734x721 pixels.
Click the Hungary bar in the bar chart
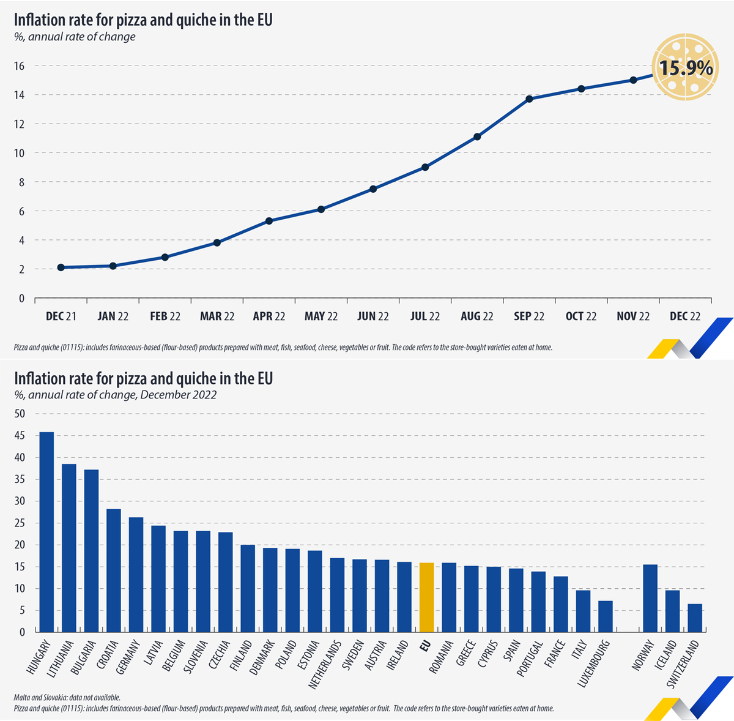(x=46, y=532)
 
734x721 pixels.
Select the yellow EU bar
(x=426, y=597)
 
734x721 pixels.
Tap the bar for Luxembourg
(x=605, y=616)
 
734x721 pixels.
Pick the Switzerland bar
(x=695, y=618)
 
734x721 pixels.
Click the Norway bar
(x=650, y=598)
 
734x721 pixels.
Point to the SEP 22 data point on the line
(x=529, y=99)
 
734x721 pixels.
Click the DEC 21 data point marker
(x=61, y=267)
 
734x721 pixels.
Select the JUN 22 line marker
(x=373, y=189)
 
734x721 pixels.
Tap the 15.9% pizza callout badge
(x=684, y=67)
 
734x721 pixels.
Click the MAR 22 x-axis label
(x=217, y=316)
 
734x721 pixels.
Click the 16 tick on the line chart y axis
(x=20, y=65)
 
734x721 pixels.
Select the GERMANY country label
(x=129, y=657)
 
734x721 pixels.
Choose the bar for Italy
(x=583, y=611)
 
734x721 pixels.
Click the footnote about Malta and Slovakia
(x=67, y=698)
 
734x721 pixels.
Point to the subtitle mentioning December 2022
(x=115, y=395)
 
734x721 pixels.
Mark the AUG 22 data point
(x=477, y=136)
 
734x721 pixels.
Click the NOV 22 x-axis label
(x=633, y=316)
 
